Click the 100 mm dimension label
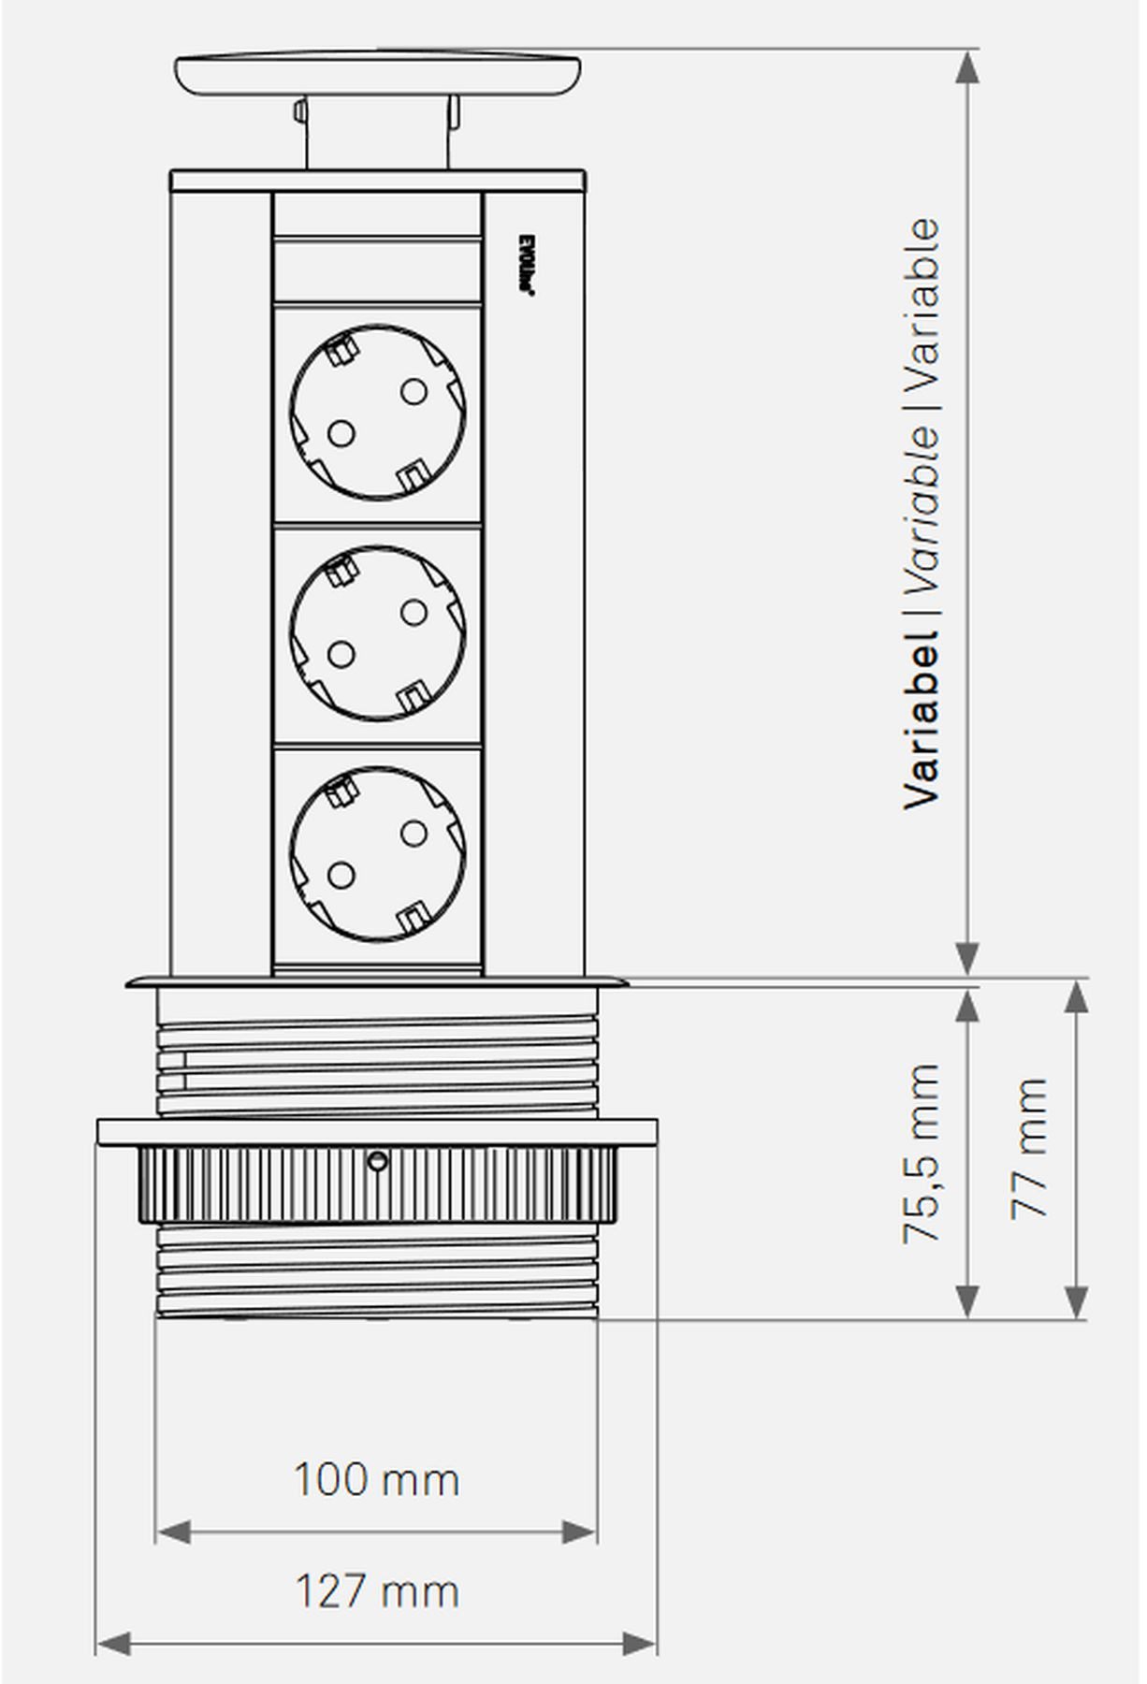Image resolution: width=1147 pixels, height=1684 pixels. pyautogui.click(x=376, y=1480)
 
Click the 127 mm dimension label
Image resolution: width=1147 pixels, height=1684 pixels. pyautogui.click(x=376, y=1591)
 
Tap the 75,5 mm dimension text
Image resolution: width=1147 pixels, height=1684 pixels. pyautogui.click(x=922, y=1153)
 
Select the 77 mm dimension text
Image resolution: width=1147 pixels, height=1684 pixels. pyautogui.click(x=1029, y=1148)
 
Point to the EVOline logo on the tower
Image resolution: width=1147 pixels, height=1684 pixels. pyautogui.click(x=526, y=266)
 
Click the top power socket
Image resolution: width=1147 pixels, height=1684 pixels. pyautogui.click(x=378, y=412)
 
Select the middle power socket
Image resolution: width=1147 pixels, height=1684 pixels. pyautogui.click(x=378, y=633)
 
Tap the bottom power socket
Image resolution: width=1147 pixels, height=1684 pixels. pyautogui.click(x=378, y=853)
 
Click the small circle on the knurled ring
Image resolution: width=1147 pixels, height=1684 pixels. pyautogui.click(x=377, y=1162)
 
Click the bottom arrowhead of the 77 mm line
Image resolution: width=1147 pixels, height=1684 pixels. pyautogui.click(x=1077, y=1301)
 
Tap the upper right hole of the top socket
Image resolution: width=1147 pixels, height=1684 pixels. pyautogui.click(x=413, y=391)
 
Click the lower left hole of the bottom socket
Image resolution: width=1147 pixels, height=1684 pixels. pyautogui.click(x=341, y=876)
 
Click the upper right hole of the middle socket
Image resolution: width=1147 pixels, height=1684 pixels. pyautogui.click(x=413, y=613)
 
